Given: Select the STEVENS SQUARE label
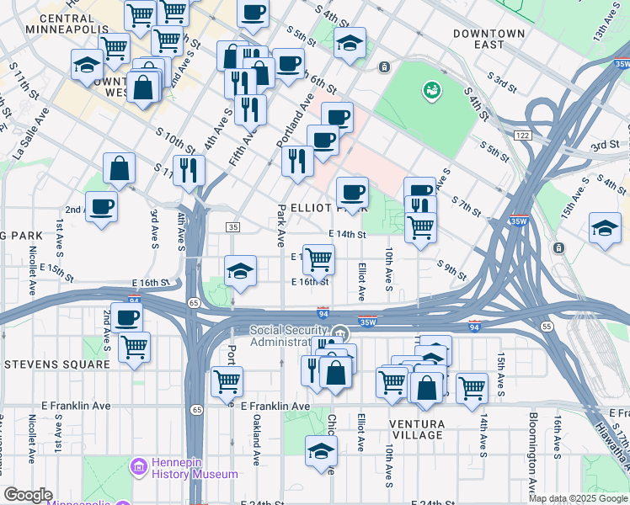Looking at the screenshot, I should coord(56,364).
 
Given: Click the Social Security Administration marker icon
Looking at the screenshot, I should coord(339,332).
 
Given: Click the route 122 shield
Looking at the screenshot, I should coord(522,136).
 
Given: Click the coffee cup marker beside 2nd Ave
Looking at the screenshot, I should coord(102,206).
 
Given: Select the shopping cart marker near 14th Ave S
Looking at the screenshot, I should coord(472,387).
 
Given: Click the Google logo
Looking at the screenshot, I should coord(29,495).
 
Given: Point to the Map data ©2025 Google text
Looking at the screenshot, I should coord(577,498).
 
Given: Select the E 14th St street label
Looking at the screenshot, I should coord(347,235).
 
